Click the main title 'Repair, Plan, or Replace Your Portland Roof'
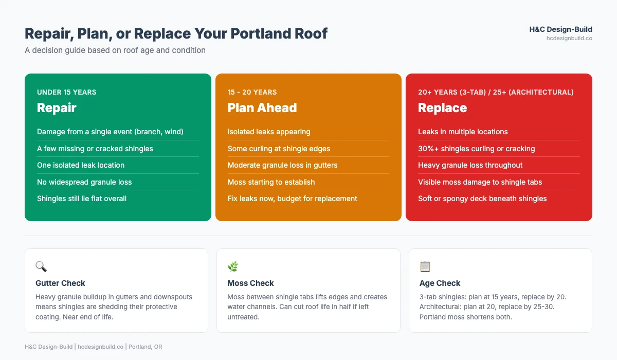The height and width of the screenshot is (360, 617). point(176,34)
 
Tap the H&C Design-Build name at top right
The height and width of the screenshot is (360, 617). point(560,29)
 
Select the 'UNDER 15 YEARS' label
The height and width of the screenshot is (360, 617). point(66,93)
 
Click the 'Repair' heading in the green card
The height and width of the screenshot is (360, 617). point(57,108)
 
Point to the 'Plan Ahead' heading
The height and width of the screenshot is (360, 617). point(262,108)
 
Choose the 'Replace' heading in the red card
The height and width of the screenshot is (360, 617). point(442,108)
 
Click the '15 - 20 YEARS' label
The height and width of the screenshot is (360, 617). point(252,93)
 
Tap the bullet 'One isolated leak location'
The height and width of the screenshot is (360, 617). point(81,165)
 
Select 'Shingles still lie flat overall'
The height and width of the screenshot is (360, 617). point(82,199)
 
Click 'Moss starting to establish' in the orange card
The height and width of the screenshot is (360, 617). point(271,182)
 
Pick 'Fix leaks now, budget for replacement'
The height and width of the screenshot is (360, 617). point(292,199)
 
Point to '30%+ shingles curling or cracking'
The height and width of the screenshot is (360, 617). point(476,149)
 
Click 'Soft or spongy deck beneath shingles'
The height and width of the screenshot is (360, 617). point(482,199)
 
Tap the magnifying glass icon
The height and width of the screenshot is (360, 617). point(41,266)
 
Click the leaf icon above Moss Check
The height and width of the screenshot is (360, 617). point(233,266)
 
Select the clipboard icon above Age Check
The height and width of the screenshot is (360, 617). point(425,266)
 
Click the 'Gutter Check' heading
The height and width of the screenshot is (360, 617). point(60,283)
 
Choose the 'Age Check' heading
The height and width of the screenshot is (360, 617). point(440,283)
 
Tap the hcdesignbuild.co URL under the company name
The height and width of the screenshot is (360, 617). point(569,38)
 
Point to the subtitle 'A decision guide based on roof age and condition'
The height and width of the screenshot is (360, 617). point(115,50)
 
